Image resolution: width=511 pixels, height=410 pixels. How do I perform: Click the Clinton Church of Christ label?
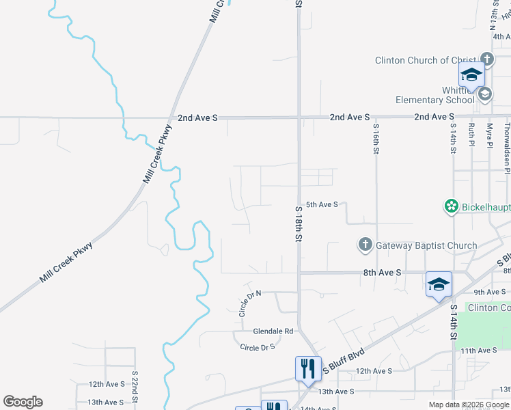[425, 60]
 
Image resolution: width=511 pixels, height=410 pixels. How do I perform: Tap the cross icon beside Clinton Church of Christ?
[486, 59]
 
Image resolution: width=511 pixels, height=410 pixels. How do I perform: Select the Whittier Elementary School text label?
[435, 95]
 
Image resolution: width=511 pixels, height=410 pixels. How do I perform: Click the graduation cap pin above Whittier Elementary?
[471, 75]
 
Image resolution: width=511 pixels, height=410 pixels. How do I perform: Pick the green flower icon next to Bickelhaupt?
[451, 206]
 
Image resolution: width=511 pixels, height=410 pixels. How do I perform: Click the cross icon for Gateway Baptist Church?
[365, 245]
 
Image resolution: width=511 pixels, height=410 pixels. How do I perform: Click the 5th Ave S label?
[322, 204]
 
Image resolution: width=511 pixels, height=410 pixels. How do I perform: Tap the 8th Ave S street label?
[383, 272]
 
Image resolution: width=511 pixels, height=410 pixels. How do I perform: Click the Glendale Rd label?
[273, 331]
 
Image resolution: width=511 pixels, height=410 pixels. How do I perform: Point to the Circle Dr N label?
[246, 303]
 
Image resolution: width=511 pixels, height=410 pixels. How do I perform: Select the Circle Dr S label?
[258, 347]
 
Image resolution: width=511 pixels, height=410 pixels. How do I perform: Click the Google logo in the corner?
[23, 402]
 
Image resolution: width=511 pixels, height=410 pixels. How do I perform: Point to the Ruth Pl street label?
[471, 135]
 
